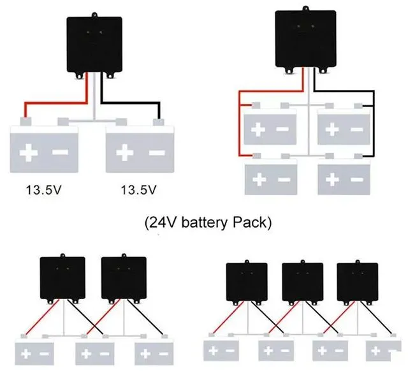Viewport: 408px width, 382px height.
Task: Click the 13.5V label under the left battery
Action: point(43,190)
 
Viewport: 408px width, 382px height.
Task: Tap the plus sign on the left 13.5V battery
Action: point(28,153)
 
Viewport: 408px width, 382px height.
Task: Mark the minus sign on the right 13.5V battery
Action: point(156,153)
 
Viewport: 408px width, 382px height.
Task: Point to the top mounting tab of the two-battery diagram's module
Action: point(94,13)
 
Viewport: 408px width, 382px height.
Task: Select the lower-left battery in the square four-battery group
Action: point(272,177)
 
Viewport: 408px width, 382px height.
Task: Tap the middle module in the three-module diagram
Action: point(302,281)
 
